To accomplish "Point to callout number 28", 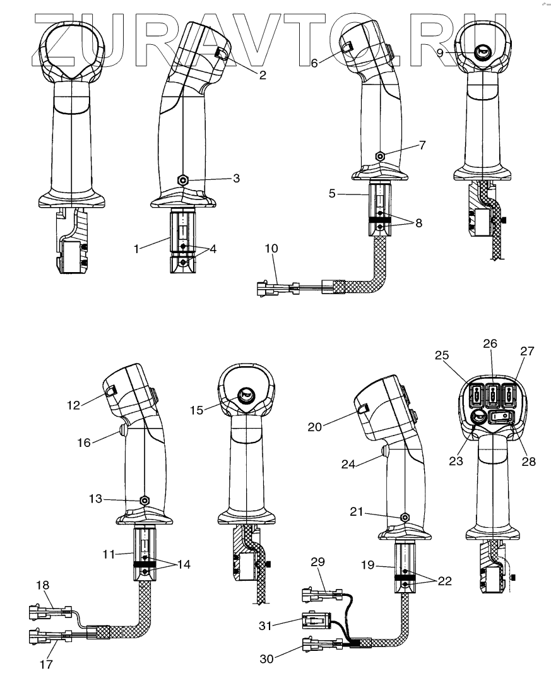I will pos(528,461).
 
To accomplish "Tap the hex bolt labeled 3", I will pos(183,180).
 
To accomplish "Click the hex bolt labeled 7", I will pos(380,155).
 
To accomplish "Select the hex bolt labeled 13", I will pos(145,500).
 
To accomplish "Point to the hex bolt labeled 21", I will pos(404,516).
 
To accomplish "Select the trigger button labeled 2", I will pos(222,54).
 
